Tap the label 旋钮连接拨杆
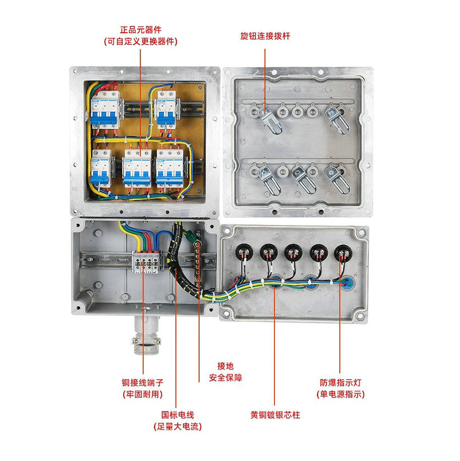(265, 36)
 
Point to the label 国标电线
(178, 415)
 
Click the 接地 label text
(225, 366)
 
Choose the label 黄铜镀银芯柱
(275, 415)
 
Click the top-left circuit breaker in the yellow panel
(104, 109)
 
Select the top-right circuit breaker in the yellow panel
(165, 109)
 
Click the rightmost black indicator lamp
(343, 251)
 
